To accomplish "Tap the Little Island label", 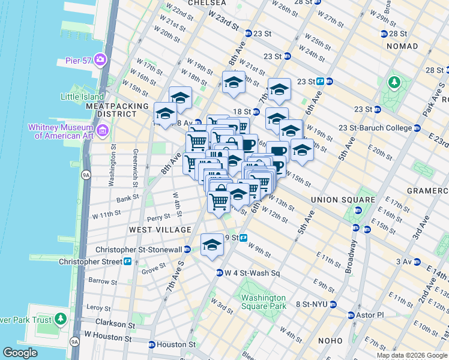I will coord(83,96).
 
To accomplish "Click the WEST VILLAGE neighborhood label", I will coord(160,230).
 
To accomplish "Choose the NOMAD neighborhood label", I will coord(402,46).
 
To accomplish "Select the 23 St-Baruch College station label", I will coord(379,128).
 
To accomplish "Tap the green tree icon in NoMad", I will coord(396,82).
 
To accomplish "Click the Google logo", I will coord(20,353).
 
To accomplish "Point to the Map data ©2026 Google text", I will coord(411,355).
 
